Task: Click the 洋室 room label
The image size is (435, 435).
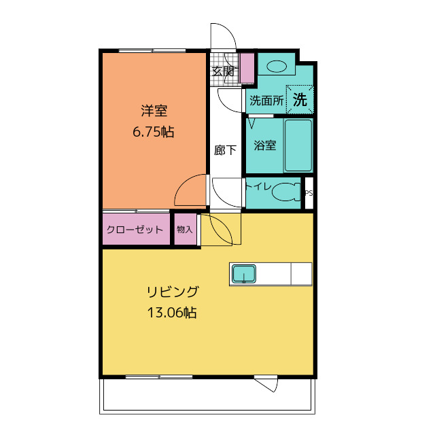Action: tap(154, 110)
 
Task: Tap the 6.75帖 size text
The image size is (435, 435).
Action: tap(154, 132)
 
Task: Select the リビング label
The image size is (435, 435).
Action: tap(173, 292)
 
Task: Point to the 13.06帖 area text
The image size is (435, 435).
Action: tap(172, 313)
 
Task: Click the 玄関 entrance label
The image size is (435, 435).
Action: tap(223, 71)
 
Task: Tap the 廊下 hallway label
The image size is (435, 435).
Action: tap(225, 150)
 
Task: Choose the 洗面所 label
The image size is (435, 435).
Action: tap(266, 101)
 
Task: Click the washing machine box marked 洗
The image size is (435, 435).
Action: tap(300, 99)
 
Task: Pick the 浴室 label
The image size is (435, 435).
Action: tap(265, 145)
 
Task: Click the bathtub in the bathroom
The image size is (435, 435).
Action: tap(298, 145)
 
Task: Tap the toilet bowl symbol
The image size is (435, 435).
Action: tap(286, 192)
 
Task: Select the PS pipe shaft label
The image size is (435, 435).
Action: tap(309, 193)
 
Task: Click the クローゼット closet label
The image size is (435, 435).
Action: tap(135, 230)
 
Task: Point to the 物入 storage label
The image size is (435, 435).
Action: tap(184, 230)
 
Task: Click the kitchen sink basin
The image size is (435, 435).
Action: tap(244, 273)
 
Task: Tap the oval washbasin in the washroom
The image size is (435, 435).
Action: tap(277, 67)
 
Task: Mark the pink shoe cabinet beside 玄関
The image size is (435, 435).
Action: tap(247, 68)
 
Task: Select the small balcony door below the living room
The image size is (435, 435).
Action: tap(266, 383)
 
